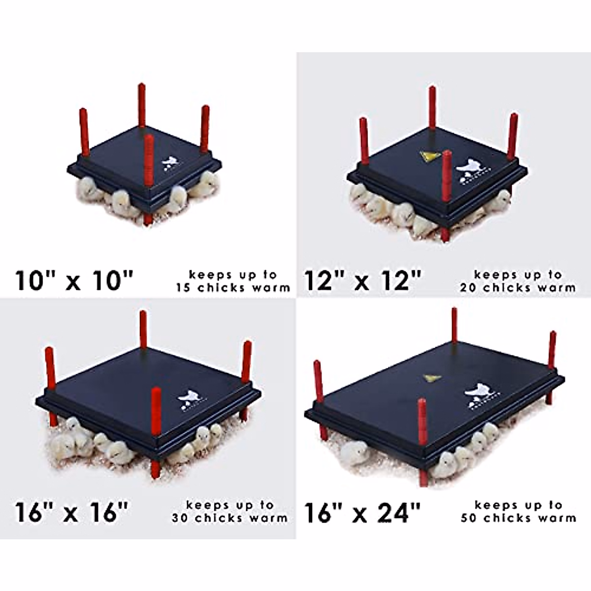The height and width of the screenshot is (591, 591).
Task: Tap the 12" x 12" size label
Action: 363,281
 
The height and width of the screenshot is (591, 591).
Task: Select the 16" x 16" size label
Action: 72,512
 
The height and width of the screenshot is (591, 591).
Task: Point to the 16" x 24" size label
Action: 363,512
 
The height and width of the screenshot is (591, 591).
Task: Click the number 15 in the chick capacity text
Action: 184,288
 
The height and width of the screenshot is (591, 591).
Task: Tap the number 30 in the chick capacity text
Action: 180,518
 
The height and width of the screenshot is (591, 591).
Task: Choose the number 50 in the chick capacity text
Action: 469,518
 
